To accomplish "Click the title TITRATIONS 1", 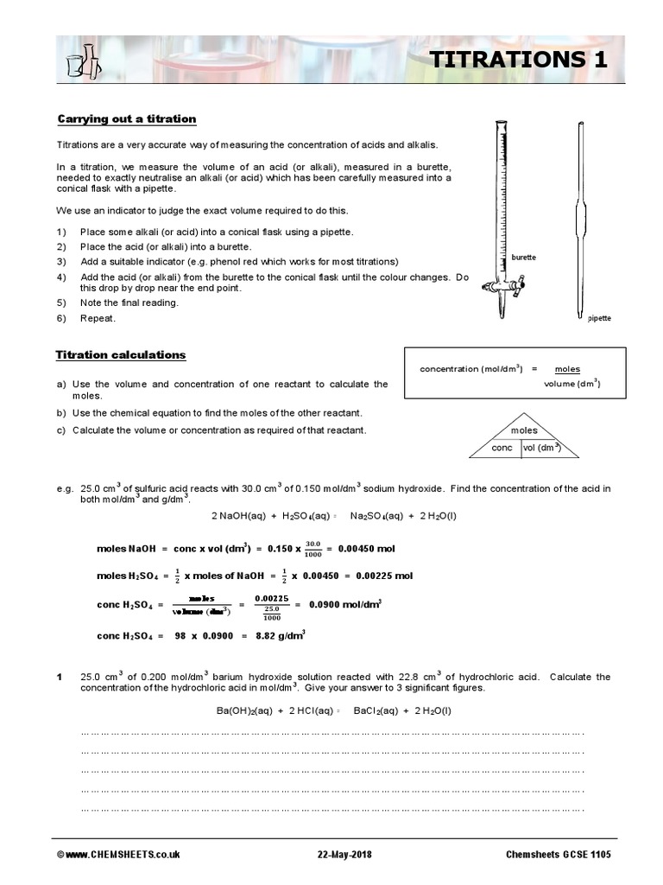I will (x=518, y=60).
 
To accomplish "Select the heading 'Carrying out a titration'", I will (x=127, y=119).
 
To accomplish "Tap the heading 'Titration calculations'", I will (x=121, y=355).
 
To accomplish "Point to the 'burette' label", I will (x=524, y=258).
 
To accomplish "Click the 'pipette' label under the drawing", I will (x=599, y=318).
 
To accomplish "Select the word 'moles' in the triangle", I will (x=524, y=430).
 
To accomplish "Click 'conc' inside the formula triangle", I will (x=502, y=448).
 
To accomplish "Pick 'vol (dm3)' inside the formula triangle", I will (x=542, y=448).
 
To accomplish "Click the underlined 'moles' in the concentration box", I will (x=567, y=369).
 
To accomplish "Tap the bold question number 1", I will (x=60, y=677).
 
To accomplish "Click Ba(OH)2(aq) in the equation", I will (x=243, y=711).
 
